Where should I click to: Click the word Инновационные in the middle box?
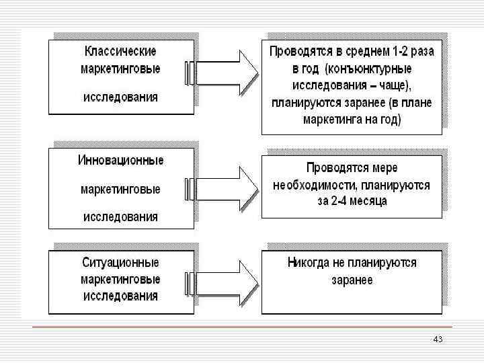[121, 161]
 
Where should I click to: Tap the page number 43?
[438, 339]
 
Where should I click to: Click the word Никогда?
[309, 263]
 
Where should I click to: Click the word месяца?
[372, 201]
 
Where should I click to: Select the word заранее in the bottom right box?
[352, 280]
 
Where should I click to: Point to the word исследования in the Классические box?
[121, 97]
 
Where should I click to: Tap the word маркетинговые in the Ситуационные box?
[121, 278]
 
